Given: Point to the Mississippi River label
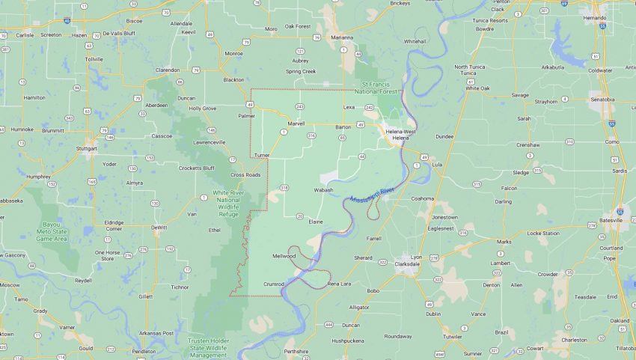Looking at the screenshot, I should click(x=373, y=196).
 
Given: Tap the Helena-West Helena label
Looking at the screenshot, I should click(x=400, y=135).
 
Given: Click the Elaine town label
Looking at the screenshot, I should click(x=316, y=222).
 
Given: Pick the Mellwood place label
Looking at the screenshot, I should click(x=284, y=256).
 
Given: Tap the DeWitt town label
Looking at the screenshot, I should click(x=159, y=227).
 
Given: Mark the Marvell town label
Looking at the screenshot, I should click(x=296, y=123).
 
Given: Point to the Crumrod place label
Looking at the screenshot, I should click(x=274, y=284).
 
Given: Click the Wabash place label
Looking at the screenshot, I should click(x=323, y=190).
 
